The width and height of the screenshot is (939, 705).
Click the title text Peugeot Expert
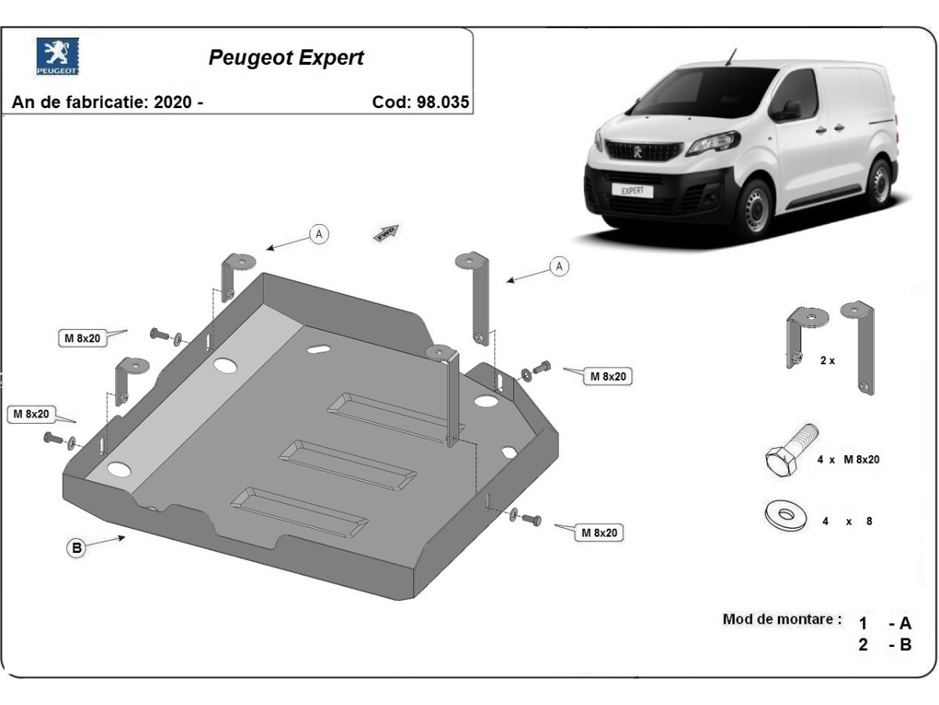click(286, 57)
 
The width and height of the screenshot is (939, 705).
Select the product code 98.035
click(441, 103)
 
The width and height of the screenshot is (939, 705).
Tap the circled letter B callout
click(77, 548)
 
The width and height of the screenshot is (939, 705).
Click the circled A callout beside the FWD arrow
click(318, 233)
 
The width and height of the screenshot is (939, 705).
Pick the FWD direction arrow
click(386, 232)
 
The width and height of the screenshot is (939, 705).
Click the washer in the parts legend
click(785, 517)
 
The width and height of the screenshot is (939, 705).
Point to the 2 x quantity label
click(828, 361)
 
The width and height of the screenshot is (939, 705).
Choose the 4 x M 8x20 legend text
click(848, 460)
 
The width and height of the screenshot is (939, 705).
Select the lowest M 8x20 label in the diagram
click(599, 533)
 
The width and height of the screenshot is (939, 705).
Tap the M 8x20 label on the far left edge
click(30, 414)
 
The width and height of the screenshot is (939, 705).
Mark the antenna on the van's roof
click(731, 56)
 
